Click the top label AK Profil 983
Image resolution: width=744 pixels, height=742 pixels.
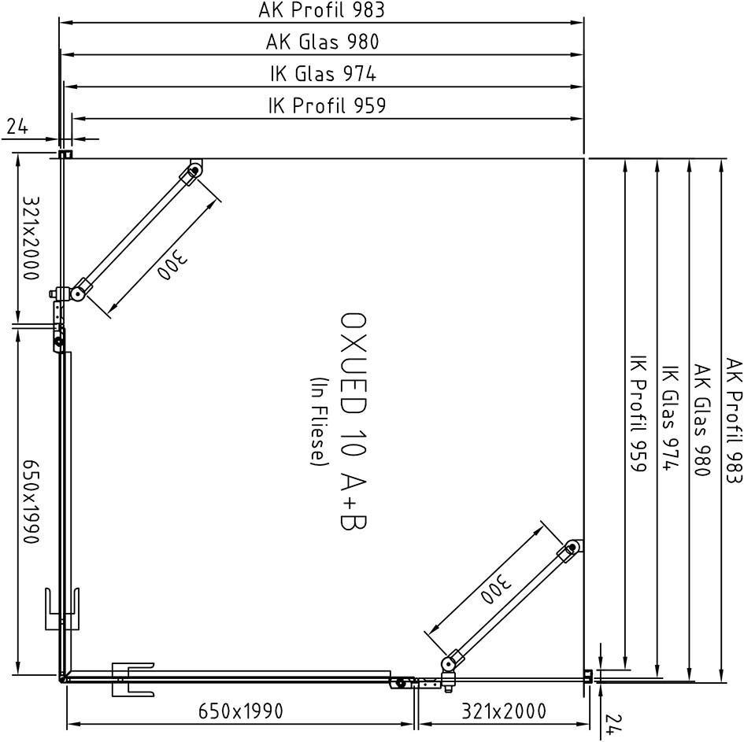pyautogui.click(x=321, y=10)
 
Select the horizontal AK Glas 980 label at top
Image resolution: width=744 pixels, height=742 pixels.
pyautogui.click(x=322, y=42)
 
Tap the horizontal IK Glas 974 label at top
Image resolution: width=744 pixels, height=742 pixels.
pyautogui.click(x=323, y=74)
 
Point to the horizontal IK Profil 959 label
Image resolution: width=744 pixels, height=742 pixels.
pyautogui.click(x=327, y=105)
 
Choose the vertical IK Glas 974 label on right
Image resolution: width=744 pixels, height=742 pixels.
pyautogui.click(x=670, y=418)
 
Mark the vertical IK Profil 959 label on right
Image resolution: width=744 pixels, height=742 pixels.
pyautogui.click(x=639, y=413)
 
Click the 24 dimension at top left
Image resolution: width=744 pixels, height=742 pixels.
pyautogui.click(x=17, y=127)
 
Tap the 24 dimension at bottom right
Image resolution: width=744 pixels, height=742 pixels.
pyautogui.click(x=613, y=725)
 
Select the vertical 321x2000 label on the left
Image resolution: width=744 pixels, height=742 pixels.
pyautogui.click(x=30, y=238)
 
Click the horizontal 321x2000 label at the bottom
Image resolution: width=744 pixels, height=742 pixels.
pyautogui.click(x=504, y=711)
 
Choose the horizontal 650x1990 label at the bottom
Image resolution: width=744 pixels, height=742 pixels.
pyautogui.click(x=241, y=711)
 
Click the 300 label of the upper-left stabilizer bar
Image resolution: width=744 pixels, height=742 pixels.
pyautogui.click(x=173, y=264)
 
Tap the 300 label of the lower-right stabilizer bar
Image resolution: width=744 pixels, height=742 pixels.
pyautogui.click(x=497, y=589)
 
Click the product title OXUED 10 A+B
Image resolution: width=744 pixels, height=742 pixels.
pyautogui.click(x=354, y=421)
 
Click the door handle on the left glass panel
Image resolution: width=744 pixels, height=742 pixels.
pyautogui.click(x=62, y=609)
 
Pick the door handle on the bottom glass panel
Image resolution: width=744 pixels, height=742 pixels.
pyautogui.click(x=133, y=679)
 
